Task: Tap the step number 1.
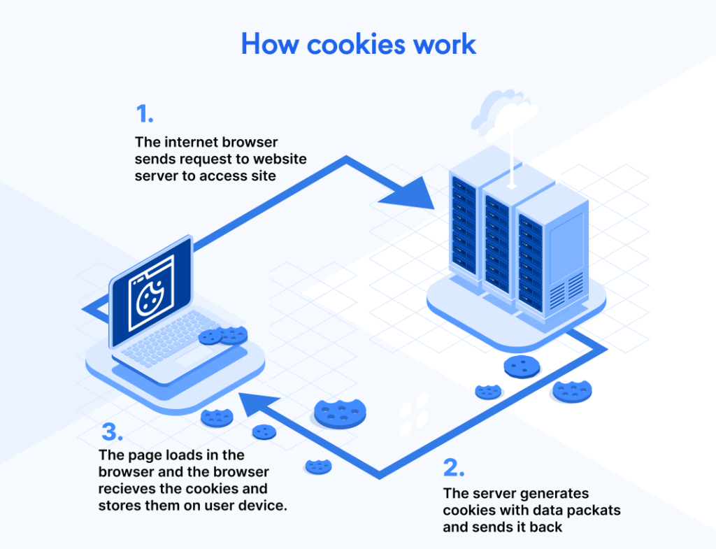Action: point(144,113)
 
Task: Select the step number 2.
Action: point(454,466)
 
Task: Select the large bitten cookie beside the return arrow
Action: point(341,412)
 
